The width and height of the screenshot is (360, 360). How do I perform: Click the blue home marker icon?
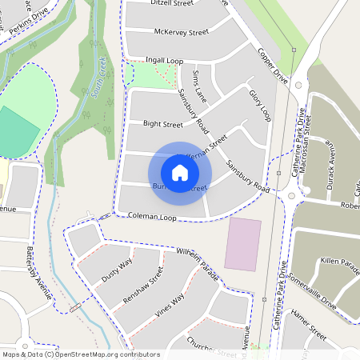tap(180, 173)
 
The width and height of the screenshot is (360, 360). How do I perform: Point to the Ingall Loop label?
tap(164, 60)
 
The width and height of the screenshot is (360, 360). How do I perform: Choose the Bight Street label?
tap(162, 125)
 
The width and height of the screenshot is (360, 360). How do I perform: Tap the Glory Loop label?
tap(260, 106)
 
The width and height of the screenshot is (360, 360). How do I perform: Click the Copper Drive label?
tap(273, 66)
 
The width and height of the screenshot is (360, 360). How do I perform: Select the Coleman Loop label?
tap(146, 217)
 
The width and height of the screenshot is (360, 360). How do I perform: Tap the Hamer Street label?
tap(308, 322)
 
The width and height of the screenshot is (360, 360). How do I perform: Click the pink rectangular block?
tap(242, 244)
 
